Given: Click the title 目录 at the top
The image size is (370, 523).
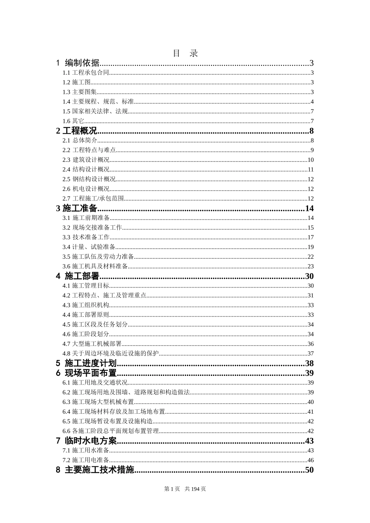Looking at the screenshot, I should (x=185, y=53).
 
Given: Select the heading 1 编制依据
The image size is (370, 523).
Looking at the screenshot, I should (x=78, y=63).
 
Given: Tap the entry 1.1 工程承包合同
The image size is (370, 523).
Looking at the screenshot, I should (x=86, y=73).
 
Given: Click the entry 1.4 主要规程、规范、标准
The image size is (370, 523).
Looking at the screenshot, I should (x=98, y=102).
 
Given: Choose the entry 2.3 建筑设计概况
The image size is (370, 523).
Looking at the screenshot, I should (x=86, y=160).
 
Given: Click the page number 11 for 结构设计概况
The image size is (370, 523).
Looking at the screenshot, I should (x=310, y=170).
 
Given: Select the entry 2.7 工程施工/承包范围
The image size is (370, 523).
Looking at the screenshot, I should (x=93, y=199).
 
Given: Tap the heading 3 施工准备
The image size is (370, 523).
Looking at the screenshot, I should (x=77, y=209).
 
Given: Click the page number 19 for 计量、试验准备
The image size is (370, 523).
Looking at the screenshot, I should (x=310, y=247).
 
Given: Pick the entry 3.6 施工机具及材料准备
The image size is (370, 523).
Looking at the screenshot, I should (x=95, y=267).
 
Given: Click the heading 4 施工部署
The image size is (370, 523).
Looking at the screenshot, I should (x=78, y=276).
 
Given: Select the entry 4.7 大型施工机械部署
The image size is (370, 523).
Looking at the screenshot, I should (x=92, y=344).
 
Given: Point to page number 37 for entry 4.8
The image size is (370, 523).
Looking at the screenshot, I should (x=310, y=354).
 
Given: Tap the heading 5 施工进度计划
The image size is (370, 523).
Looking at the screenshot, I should (x=86, y=363).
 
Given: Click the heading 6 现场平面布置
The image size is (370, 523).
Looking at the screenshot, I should (x=86, y=373).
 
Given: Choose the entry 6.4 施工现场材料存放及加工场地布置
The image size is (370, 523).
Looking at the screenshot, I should (x=114, y=412).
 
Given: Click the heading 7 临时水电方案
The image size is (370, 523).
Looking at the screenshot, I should (x=86, y=441).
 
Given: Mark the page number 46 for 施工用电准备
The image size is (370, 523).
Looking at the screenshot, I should (x=310, y=460).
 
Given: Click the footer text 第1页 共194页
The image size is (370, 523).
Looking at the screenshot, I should (x=185, y=489).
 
